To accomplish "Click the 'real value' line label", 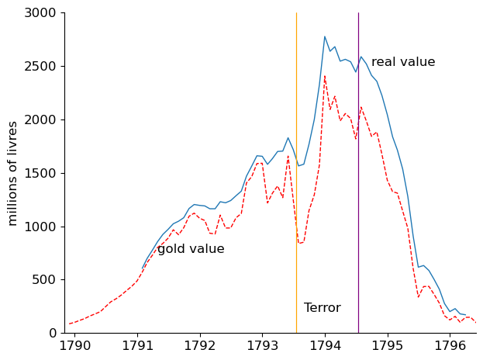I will (403, 62).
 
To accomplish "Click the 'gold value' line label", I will (191, 249).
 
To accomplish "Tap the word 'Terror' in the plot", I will (322, 308).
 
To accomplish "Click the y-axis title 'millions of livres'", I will (13, 173).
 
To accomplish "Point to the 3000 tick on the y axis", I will (40, 13).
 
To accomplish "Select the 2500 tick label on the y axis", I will (40, 67).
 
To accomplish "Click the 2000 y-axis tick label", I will (40, 120).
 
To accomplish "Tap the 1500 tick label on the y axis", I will (40, 173).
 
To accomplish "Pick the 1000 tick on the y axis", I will (40, 227).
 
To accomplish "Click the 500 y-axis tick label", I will (44, 280).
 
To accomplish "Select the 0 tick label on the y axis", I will (53, 334).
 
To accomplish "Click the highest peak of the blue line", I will (325, 36).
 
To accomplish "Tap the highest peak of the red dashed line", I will (325, 76).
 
